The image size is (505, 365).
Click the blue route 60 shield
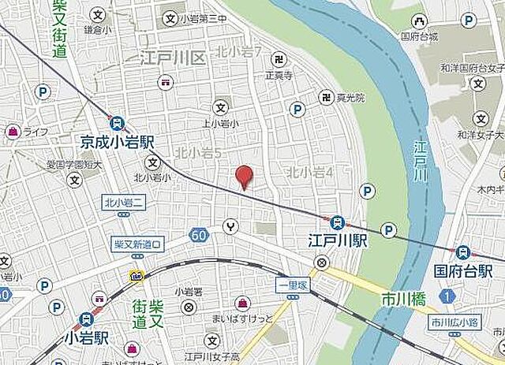pyautogui.click(x=197, y=234)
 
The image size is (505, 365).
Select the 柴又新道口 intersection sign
pyautogui.click(x=137, y=244)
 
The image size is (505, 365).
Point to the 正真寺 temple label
pyautogui.click(x=279, y=76)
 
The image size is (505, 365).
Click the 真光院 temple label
pyautogui.click(x=350, y=98)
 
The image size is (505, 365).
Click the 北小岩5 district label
pyautogui.click(x=196, y=151)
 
